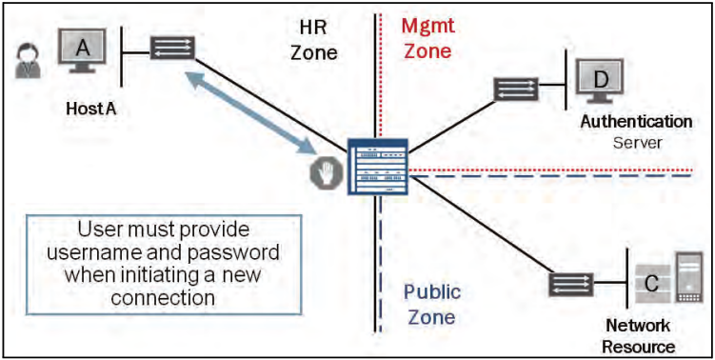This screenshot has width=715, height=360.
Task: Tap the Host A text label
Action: click(90, 110)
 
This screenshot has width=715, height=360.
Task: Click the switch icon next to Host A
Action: click(172, 48)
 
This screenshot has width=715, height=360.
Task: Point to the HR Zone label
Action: click(312, 40)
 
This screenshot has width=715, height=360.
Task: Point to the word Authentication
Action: click(637, 122)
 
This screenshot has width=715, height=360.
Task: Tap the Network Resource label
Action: click(638, 336)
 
